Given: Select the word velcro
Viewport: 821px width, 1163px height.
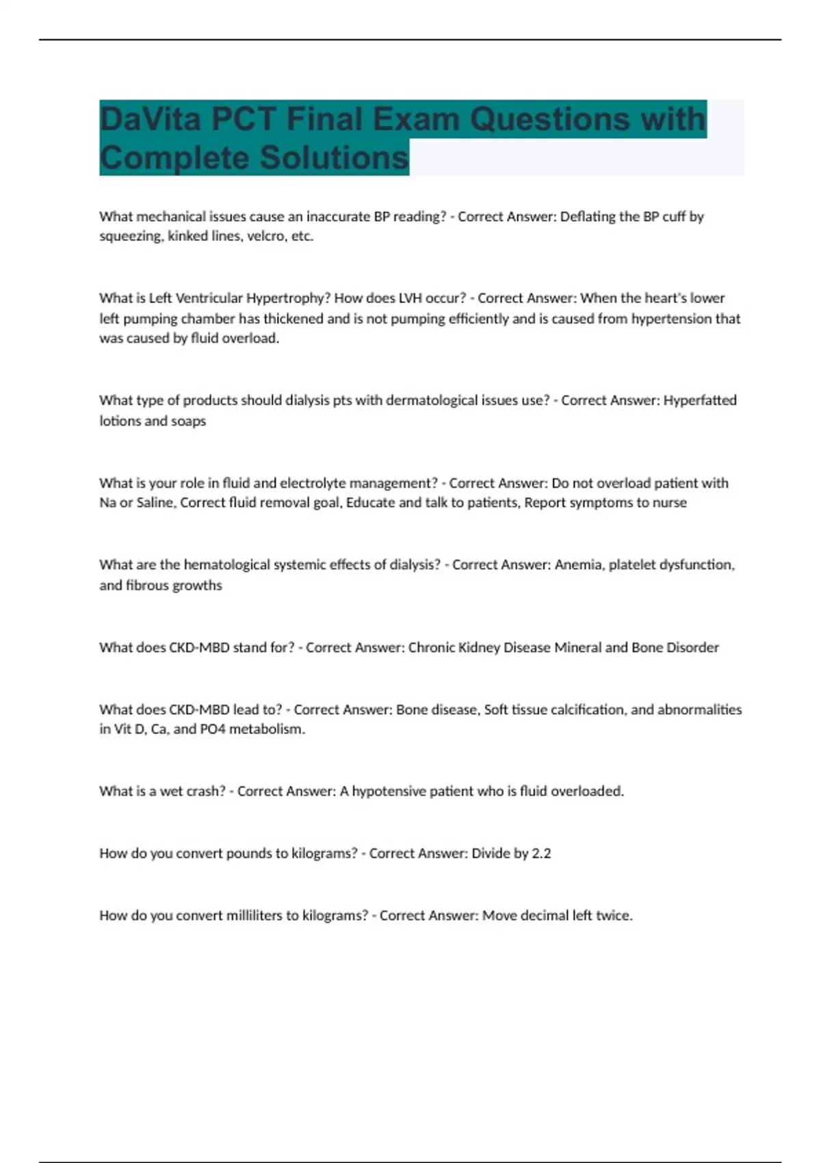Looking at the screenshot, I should click(x=263, y=237).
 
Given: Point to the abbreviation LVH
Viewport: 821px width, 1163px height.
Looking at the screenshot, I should click(x=406, y=298).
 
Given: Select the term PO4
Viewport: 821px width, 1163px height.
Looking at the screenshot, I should click(x=212, y=729).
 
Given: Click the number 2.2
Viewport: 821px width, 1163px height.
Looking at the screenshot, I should click(x=541, y=854).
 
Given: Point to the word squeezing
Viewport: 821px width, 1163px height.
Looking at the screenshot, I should click(x=130, y=237).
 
